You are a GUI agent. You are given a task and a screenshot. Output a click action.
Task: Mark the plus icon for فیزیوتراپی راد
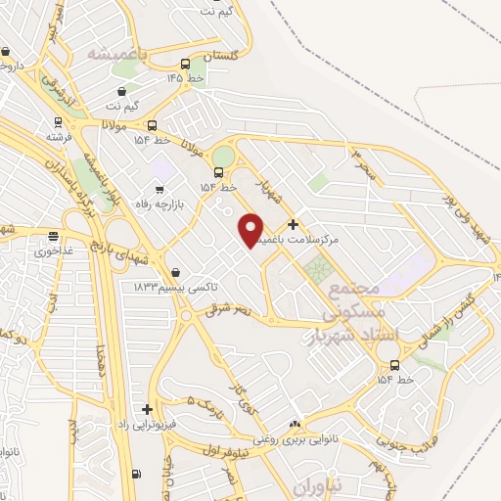coord(147,409)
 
